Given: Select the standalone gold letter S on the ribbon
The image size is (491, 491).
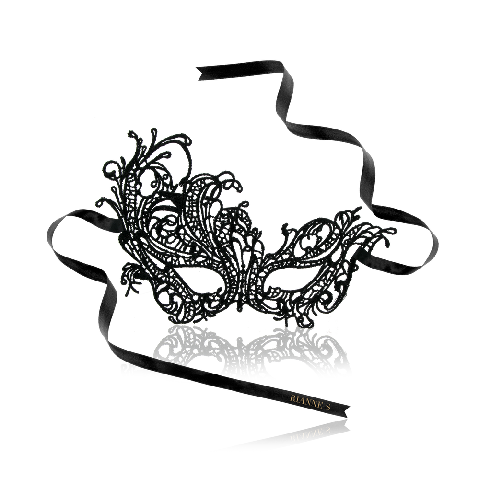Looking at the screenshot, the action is (328, 407).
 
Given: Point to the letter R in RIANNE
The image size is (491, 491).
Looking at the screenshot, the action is (292, 397).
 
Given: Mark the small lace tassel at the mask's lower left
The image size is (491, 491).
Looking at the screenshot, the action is (131, 279).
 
